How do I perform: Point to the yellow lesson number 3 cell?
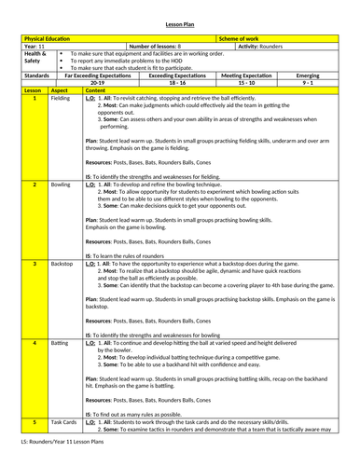(33, 265)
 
